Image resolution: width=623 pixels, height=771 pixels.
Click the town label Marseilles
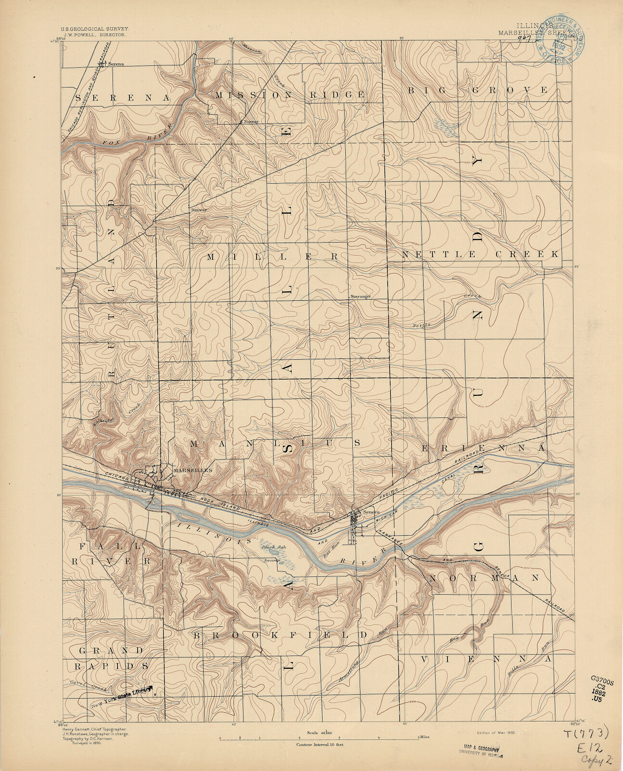(192, 470)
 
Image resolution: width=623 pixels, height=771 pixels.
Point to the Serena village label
(116, 64)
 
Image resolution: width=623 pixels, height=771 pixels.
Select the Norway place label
(251, 122)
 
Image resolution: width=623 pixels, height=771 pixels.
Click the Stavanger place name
(360, 296)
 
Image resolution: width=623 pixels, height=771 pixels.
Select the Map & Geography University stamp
(479, 750)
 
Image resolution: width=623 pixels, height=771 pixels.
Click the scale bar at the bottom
(320, 737)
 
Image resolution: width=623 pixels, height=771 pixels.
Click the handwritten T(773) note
(586, 734)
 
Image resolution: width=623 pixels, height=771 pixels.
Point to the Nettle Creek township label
(480, 254)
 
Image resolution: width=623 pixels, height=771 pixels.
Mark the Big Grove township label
(478, 90)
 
